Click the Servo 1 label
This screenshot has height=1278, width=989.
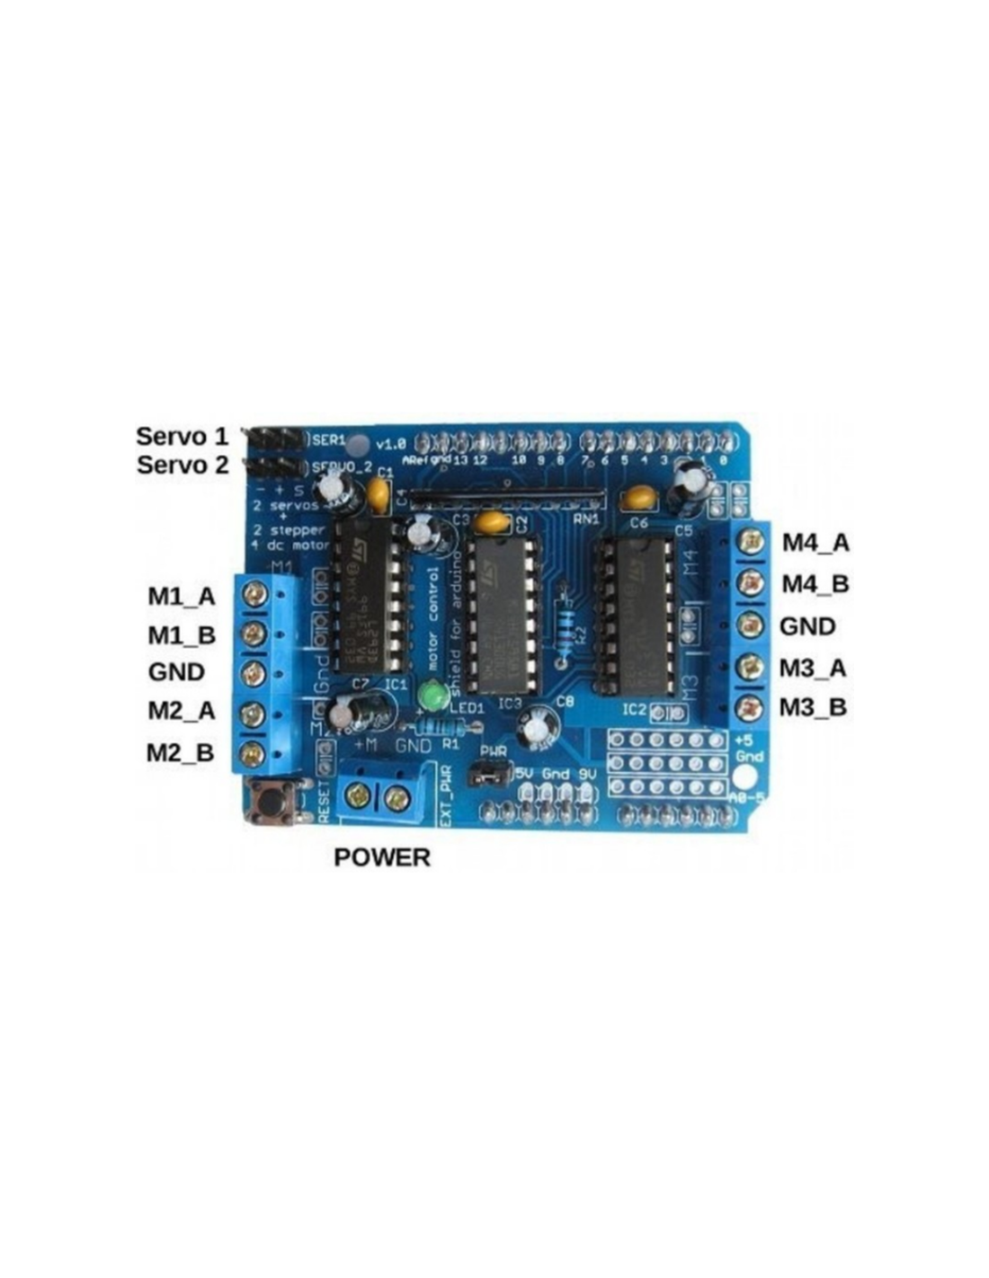tap(182, 437)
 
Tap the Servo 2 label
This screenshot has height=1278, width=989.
tap(183, 466)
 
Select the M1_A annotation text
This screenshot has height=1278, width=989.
tap(182, 596)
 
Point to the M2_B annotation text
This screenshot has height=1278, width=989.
tap(181, 751)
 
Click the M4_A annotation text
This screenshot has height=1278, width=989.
tap(815, 543)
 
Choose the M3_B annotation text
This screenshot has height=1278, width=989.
tap(813, 707)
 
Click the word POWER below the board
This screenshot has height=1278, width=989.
tap(381, 857)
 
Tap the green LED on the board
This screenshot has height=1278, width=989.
tap(434, 696)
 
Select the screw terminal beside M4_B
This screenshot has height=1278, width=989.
tap(749, 583)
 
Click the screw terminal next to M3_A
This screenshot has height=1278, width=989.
tap(749, 667)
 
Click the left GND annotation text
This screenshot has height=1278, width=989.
tap(176, 672)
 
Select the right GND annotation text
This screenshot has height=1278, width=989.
tap(807, 626)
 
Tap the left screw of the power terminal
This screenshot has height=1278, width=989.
tap(361, 795)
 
